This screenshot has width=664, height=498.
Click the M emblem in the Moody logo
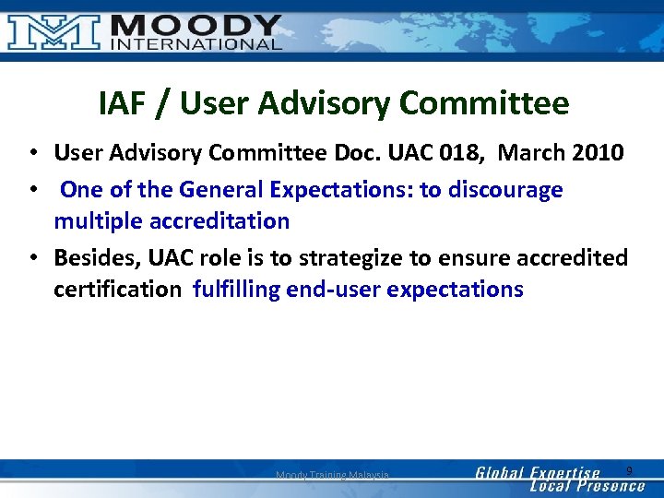pos(54,30)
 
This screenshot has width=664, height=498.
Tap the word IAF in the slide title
pos(121,103)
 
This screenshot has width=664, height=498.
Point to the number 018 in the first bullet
pos(484,152)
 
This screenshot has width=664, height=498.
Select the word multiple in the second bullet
pos(93,221)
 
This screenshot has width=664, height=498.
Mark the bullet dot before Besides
pos(32,257)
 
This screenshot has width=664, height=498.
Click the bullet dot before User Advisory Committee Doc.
pos(32,152)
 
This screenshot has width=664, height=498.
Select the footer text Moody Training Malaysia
pos(332,475)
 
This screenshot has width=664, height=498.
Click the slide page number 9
pos(629,471)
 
